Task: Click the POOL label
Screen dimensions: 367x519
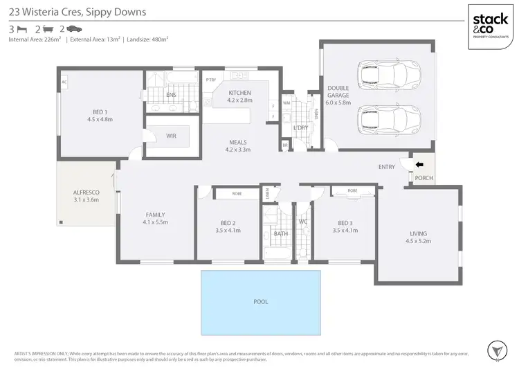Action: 260,302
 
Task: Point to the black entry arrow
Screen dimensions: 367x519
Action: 418,165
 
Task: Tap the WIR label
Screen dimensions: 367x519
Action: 171,136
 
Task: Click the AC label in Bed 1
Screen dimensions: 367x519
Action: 64,82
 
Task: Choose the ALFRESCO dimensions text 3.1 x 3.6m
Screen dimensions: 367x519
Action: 86,199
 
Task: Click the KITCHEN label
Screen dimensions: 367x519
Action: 239,93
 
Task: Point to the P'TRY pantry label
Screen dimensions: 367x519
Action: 211,80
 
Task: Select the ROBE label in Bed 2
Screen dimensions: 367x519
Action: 236,194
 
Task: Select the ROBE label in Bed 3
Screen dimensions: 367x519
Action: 352,190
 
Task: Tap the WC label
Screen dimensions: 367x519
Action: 304,222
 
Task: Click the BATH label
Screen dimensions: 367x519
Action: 280,234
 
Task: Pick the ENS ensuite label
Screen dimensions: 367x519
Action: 170,95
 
